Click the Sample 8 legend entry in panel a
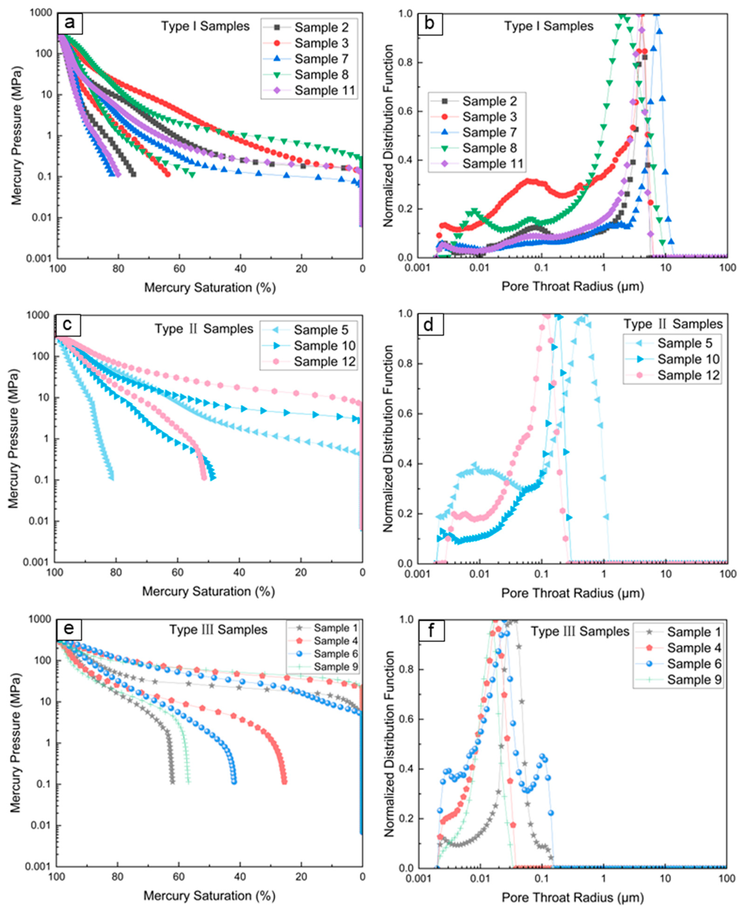(321, 75)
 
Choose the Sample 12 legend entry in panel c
(324, 362)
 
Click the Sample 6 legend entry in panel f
(693, 664)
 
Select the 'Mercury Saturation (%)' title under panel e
(209, 896)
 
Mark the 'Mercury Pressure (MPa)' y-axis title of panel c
(14, 439)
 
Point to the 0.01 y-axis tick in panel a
(42, 218)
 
